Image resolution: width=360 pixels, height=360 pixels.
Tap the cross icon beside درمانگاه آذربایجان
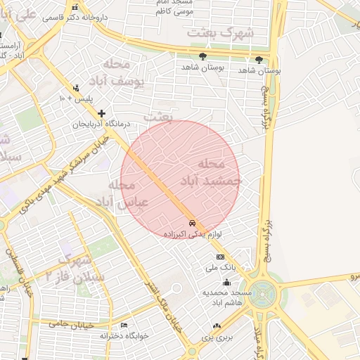[x=102, y=112]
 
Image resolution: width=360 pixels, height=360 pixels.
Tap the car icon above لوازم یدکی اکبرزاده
[x=193, y=223]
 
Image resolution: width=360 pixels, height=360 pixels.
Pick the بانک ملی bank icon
[x=220, y=257]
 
